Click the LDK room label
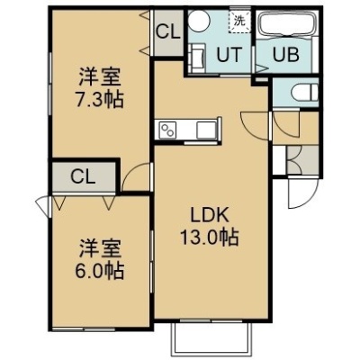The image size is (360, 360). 211,215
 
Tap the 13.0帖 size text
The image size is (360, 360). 209,237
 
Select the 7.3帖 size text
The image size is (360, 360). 99,100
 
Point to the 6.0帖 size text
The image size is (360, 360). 99,271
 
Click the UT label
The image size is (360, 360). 229,55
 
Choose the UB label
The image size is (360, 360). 286,55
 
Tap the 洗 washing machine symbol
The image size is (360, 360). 239,21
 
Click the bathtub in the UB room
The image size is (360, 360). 288,24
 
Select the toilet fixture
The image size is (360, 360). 305,92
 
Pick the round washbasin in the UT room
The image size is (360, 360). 199,20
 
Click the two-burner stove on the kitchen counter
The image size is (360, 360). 166,130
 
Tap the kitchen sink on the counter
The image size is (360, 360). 206,130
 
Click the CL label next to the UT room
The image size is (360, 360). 168,31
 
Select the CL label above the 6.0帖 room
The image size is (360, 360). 83,176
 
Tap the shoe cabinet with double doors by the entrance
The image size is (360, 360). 302,159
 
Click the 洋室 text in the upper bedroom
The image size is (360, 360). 99,77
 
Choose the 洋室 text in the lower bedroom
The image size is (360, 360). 99,248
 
